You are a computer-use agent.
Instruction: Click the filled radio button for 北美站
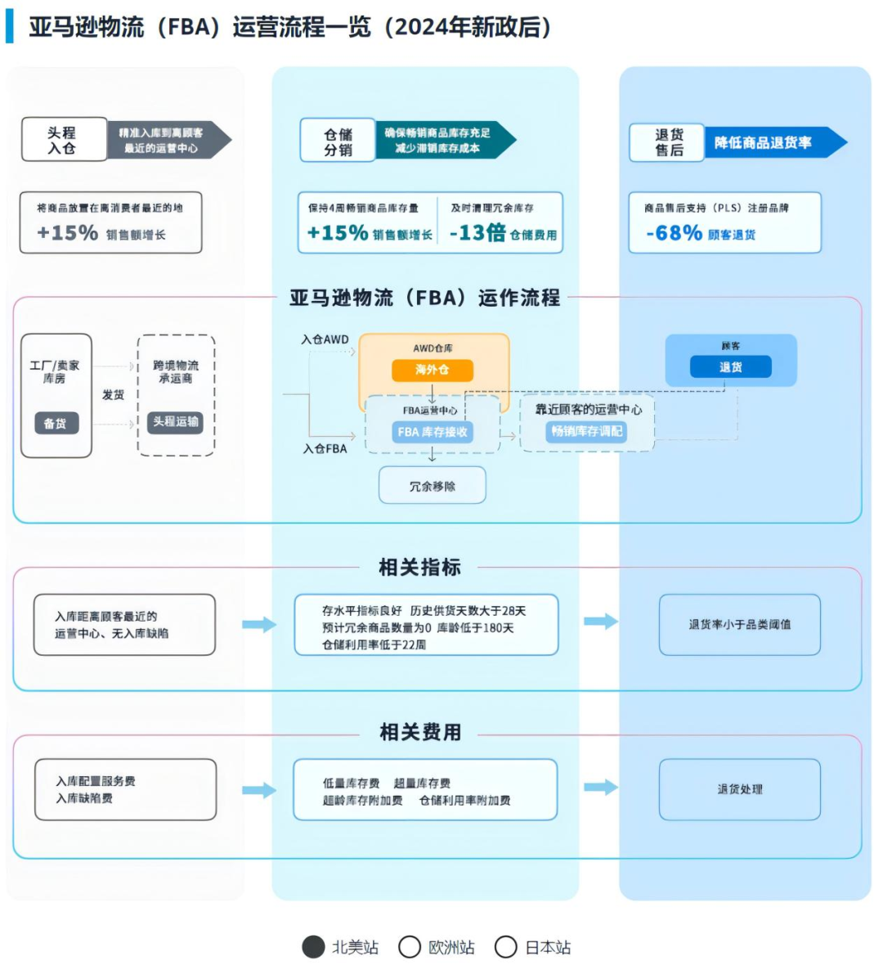[x=313, y=947]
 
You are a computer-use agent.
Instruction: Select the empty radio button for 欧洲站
[x=410, y=947]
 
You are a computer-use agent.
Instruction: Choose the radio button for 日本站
[x=506, y=947]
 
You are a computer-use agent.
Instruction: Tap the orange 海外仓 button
[x=432, y=370]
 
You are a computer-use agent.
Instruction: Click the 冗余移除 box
[x=432, y=486]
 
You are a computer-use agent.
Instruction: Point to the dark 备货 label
[x=56, y=423]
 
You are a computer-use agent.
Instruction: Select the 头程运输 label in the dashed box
[x=176, y=421]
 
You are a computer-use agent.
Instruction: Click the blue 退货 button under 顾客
[x=730, y=367]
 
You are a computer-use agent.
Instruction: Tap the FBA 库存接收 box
[x=433, y=432]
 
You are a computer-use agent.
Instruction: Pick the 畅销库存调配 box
[x=586, y=431]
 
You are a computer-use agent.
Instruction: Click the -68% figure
[x=674, y=233]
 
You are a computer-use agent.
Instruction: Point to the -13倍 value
[x=477, y=233]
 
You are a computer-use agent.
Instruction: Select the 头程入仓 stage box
[x=64, y=140]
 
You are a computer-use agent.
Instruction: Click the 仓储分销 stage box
[x=338, y=141]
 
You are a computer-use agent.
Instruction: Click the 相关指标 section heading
[x=419, y=567]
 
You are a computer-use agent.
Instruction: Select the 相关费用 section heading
[x=419, y=732]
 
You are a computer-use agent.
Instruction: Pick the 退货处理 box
[x=739, y=789]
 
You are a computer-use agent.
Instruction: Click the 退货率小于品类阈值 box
[x=739, y=624]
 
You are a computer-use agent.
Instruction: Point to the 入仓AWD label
[x=325, y=339]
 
